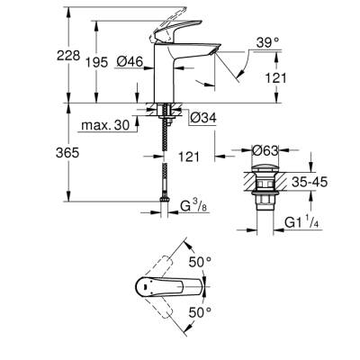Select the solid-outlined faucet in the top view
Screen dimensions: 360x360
tap(166, 288)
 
